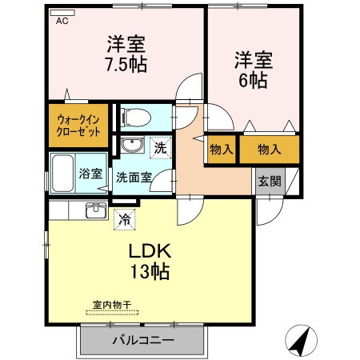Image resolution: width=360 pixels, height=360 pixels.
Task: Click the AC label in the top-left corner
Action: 62,22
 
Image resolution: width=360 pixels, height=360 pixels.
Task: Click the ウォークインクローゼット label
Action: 78,126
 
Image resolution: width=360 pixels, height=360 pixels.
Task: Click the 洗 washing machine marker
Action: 160,147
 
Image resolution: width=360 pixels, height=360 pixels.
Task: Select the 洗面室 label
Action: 133,177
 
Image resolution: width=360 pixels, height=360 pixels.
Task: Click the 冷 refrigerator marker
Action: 125,216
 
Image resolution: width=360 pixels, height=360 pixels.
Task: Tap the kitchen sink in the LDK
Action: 96,210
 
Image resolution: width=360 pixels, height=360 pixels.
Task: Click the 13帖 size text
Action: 150,272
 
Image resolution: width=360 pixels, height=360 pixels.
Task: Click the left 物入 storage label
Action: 221,150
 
